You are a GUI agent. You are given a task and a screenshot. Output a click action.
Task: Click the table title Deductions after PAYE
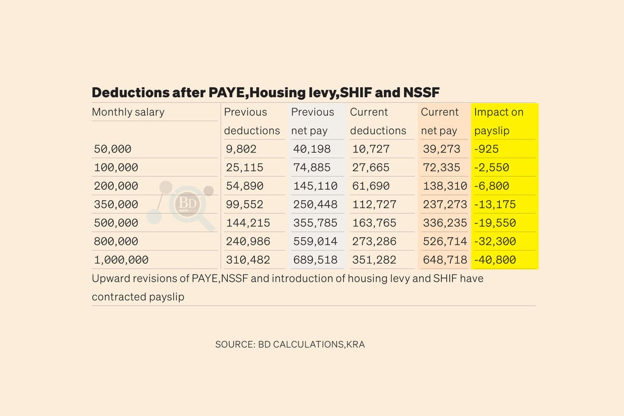pos(266,93)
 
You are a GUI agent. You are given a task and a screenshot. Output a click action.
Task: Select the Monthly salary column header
pos(128,112)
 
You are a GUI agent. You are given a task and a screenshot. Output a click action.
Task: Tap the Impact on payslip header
pos(499,121)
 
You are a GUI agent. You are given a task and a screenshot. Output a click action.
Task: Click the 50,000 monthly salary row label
pos(112,149)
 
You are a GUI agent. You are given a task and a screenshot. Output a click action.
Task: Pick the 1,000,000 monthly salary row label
pos(121,259)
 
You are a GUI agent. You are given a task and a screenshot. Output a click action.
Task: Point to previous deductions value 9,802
pos(241,149)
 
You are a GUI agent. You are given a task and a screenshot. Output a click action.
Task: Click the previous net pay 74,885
pos(315,168)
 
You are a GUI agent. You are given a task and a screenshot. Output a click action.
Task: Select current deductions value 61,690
pos(370,186)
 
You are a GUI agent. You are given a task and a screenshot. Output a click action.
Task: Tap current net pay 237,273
pos(445,204)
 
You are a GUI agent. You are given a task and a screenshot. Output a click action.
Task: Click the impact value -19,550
pos(495,223)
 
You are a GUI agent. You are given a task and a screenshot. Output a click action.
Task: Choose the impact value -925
pos(486,149)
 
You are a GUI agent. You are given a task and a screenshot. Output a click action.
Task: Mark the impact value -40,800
pos(495,259)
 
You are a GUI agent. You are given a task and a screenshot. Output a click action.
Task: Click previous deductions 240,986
pos(248,241)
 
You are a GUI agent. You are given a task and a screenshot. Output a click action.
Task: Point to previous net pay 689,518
pos(315,259)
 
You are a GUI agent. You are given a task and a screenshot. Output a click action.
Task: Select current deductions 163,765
pos(373,223)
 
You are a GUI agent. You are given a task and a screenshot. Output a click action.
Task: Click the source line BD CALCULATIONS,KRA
pos(290,344)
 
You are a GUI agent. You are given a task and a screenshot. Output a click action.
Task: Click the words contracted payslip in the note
pos(138,297)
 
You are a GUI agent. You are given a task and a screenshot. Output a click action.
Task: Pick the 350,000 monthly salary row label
pos(116,204)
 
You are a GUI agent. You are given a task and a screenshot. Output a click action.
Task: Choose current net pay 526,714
pos(445,241)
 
